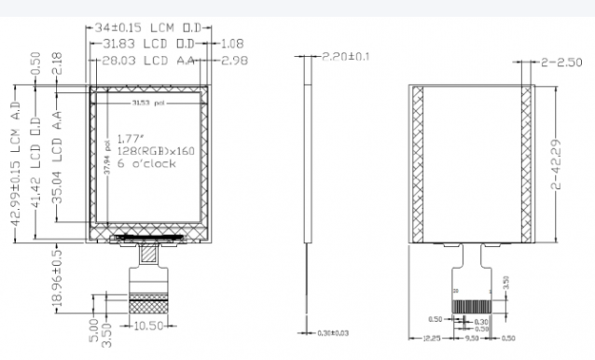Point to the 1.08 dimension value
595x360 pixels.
pos(233,44)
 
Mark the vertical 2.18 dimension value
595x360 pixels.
pos(57,64)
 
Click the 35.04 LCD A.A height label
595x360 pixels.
pos(57,163)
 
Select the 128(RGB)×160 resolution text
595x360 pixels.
pos(153,150)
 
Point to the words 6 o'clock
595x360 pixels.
pos(141,163)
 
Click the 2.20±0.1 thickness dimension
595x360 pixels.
pos(344,57)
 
